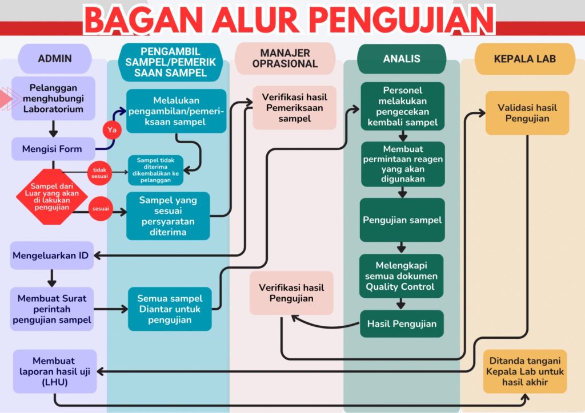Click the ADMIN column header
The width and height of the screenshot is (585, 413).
[55, 58]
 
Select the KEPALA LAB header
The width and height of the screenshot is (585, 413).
[524, 59]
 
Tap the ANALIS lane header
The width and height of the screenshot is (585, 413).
[402, 58]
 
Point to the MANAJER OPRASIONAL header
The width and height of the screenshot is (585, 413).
[285, 58]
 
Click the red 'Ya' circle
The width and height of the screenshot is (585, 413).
[112, 130]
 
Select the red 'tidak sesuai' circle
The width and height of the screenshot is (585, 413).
[99, 173]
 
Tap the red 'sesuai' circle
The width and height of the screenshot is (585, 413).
[101, 209]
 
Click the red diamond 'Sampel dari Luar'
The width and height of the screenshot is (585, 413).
[52, 197]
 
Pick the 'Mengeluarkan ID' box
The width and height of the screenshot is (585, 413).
[51, 256]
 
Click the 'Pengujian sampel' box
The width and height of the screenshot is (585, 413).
[402, 220]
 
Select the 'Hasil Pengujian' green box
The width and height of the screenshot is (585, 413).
[402, 323]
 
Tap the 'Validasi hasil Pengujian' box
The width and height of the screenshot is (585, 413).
[527, 113]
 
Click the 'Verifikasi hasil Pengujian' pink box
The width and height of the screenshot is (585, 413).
[291, 293]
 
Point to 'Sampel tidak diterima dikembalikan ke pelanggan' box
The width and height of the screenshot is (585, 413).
[155, 170]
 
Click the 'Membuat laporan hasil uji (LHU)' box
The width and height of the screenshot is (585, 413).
[55, 371]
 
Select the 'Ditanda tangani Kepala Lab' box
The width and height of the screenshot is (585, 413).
[525, 371]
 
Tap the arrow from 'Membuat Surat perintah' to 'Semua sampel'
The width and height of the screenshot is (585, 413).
[111, 309]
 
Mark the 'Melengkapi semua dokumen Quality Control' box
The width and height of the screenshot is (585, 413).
[401, 276]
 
